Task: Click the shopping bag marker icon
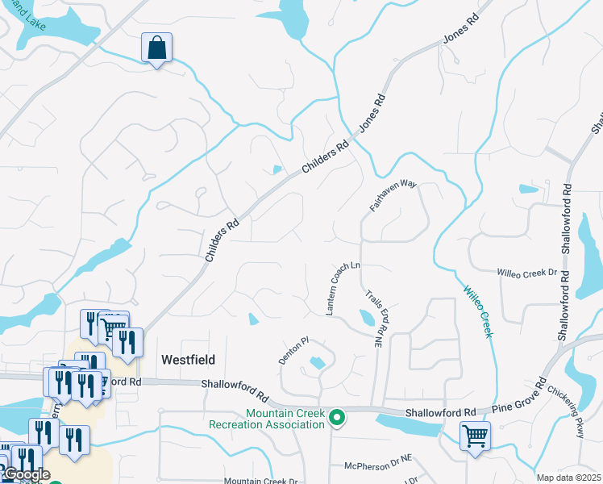156,48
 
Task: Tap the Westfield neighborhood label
189,360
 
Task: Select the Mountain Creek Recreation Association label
267,419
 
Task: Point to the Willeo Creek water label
477,311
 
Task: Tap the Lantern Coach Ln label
342,288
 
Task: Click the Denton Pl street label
294,352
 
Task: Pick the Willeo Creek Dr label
527,274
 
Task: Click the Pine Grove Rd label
522,395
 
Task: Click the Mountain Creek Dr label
261,481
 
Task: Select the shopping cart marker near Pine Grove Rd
475,437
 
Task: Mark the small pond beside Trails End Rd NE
367,319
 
